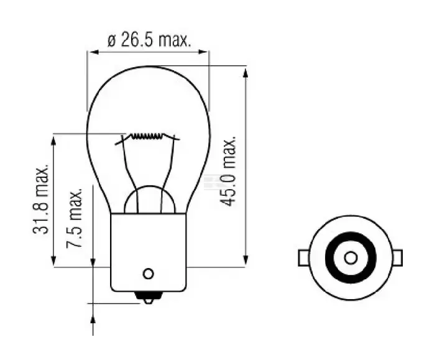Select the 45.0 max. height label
point(228,171)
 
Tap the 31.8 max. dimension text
point(41,200)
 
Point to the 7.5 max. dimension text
point(75,218)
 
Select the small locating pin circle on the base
point(148,274)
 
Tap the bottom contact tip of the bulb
point(148,298)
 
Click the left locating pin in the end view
point(303,258)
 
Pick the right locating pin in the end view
point(397,258)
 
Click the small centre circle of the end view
point(351,258)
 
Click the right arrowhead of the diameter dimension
point(203,52)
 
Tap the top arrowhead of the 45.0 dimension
point(246,72)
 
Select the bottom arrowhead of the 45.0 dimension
point(246,261)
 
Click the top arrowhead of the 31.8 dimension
point(53,141)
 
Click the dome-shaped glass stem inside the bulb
point(150,187)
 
